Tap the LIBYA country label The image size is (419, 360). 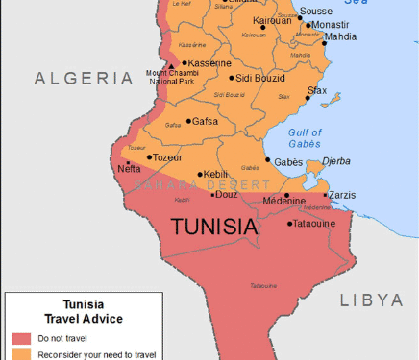tap(371, 300)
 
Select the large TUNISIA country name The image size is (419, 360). tap(214, 227)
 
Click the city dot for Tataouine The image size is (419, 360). tap(290, 224)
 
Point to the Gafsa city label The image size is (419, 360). tap(205, 121)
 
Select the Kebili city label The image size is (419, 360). tap(215, 175)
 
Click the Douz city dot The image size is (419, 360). tap(213, 194)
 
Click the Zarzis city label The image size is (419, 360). tap(341, 195)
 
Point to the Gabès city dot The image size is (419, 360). tap(267, 160)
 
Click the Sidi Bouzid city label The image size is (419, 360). tap(259, 77)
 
